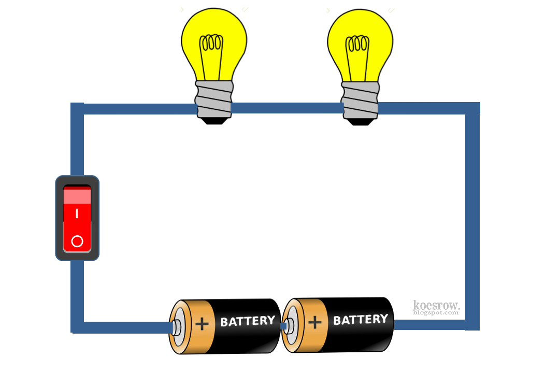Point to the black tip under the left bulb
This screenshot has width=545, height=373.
213,120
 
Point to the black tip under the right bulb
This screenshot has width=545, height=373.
360,120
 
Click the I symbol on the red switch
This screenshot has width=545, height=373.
77,213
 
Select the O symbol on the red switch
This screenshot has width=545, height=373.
77,241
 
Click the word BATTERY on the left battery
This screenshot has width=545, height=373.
248,321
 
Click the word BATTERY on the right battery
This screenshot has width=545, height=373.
361,320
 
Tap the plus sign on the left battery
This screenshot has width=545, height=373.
202,324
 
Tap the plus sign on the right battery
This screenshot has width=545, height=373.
315,323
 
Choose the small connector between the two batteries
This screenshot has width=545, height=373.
283,326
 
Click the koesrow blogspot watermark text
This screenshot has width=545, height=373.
436,307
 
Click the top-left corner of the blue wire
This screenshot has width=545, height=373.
77,109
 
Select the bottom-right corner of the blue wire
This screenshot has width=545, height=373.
472,324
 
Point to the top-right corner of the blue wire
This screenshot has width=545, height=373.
472,108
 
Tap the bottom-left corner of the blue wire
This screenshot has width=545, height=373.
77,327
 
